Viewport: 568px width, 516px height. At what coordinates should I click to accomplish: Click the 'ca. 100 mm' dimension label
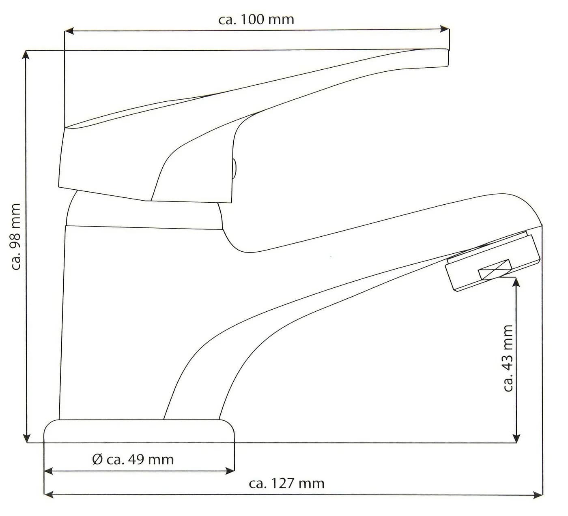[x=256, y=19]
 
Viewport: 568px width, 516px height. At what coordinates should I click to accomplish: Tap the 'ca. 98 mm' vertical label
[x=16, y=237]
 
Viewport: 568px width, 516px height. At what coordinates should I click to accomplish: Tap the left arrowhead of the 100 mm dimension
[x=69, y=31]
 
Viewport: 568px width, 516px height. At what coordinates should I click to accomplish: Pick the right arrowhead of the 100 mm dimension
[x=445, y=29]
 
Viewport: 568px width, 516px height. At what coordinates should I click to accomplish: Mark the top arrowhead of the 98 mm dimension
[x=26, y=56]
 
